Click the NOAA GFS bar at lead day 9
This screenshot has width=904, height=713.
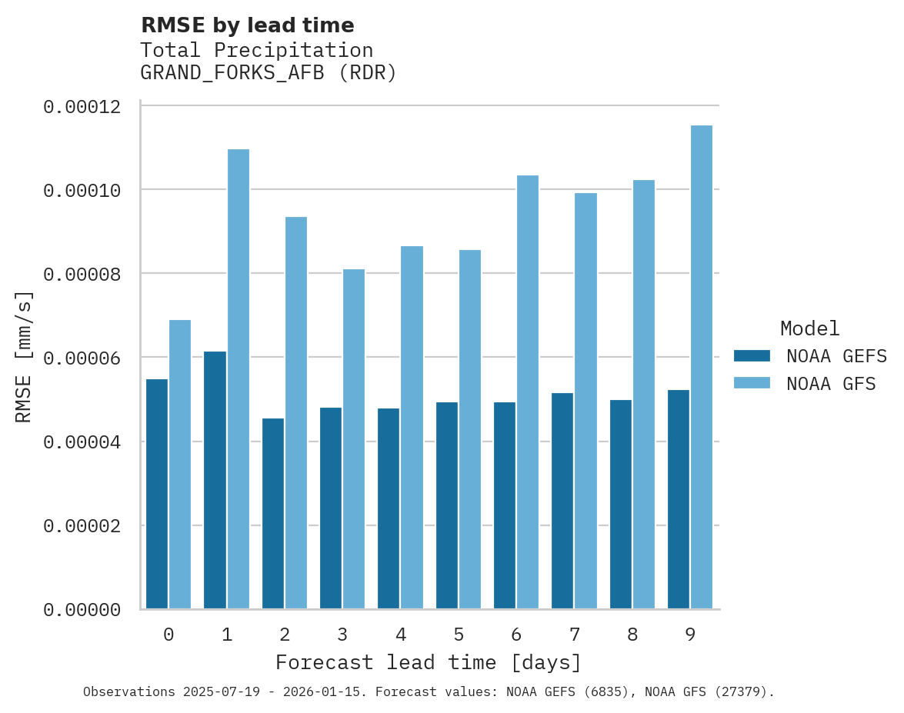[701, 367]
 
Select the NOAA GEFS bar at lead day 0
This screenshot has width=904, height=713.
[157, 494]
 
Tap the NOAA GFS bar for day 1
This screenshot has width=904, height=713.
[238, 379]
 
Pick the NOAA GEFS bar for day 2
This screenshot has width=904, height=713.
[273, 513]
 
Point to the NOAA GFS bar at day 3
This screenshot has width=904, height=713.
[354, 439]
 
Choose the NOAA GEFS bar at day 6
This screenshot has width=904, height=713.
[504, 505]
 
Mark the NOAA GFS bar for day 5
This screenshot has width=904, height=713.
[470, 429]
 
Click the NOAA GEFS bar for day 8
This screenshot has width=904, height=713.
[620, 504]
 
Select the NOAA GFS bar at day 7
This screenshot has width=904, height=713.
[585, 401]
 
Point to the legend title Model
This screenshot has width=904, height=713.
[809, 328]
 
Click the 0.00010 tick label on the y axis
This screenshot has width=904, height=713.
[82, 190]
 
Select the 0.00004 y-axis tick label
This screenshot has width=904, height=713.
[82, 442]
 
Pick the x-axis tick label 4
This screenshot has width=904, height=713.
[401, 635]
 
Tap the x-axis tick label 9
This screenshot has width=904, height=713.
[690, 635]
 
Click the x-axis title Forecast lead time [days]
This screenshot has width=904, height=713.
[429, 662]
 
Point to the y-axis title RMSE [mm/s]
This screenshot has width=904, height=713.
[24, 356]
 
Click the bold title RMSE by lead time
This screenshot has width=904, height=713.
[247, 25]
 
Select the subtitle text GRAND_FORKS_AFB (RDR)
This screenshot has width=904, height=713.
[268, 74]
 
